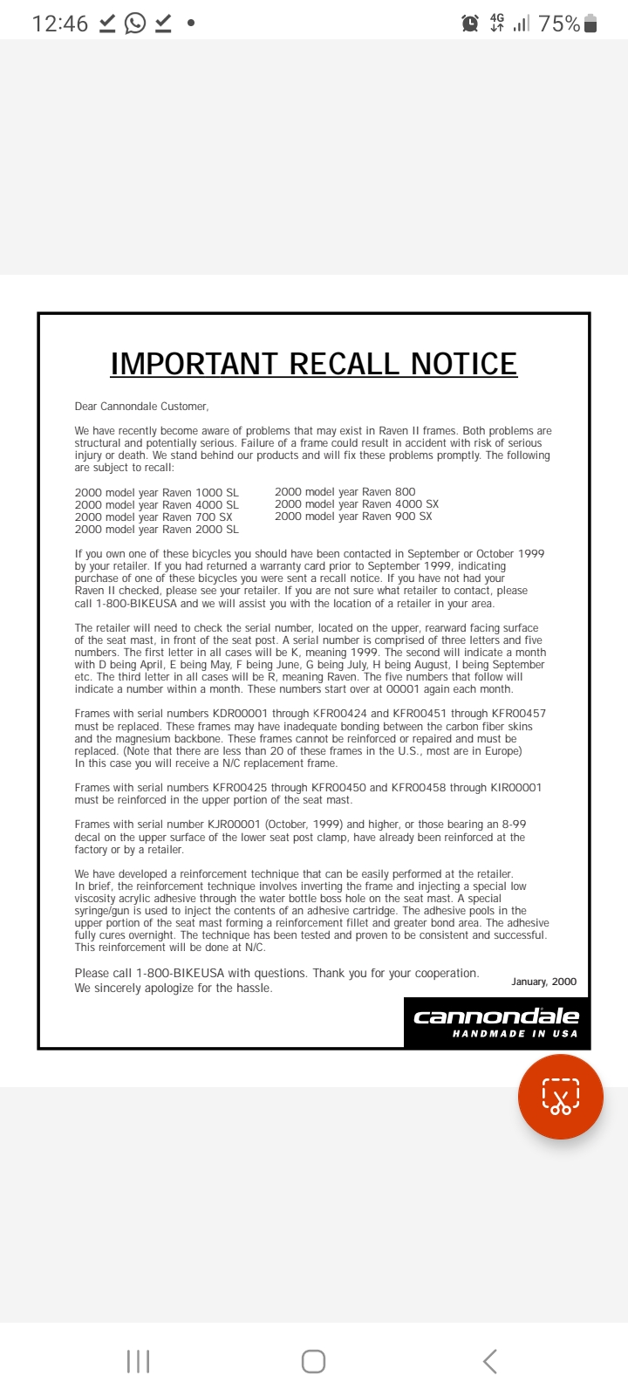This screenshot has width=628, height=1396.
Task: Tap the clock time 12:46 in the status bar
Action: pos(59,24)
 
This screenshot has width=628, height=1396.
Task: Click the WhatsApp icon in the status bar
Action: pos(135,23)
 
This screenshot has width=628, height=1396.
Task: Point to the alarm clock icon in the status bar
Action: pos(470,24)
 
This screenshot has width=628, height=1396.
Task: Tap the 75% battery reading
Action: pos(559,24)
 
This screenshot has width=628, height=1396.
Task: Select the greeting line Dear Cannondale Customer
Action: pos(141,407)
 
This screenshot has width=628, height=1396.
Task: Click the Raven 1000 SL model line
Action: pos(156,493)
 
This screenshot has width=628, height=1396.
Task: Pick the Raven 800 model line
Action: pos(345,492)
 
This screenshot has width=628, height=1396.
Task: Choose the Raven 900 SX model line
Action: pos(353,517)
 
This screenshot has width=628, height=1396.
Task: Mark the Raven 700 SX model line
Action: pos(154,517)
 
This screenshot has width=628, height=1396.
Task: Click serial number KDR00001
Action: pos(240,714)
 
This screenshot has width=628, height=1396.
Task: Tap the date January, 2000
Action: pos(543,982)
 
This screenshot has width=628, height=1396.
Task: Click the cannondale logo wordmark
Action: pos(496,1016)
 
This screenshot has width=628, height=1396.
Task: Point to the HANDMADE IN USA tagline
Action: pos(515,1034)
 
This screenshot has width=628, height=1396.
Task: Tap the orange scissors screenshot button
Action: pos(560,1097)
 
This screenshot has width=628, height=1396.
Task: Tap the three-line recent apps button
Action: pos(138,1361)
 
